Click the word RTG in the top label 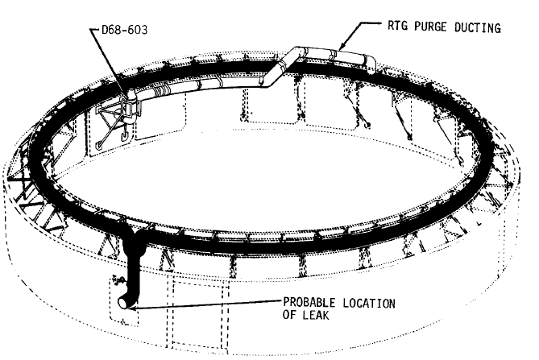click(x=399, y=27)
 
